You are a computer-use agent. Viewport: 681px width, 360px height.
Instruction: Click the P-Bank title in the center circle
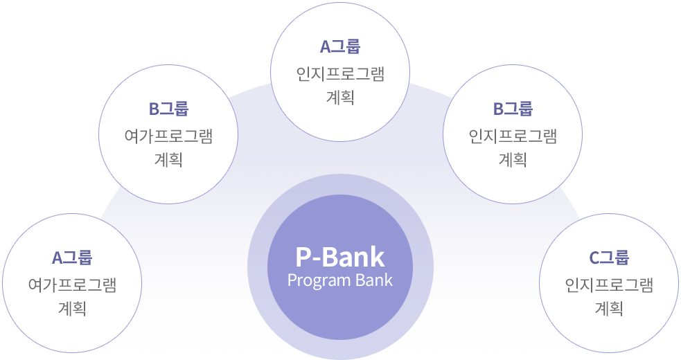pos(339,258)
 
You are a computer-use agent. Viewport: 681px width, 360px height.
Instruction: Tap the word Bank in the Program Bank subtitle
pos(374,280)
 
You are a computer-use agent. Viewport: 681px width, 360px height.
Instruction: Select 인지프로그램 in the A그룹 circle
pos(339,73)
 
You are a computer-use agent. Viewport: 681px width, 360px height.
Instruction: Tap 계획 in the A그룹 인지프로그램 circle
pos(339,97)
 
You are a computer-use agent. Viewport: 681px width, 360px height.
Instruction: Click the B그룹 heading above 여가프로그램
pos(168,109)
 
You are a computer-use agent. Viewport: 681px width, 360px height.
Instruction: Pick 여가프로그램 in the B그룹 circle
pos(168,136)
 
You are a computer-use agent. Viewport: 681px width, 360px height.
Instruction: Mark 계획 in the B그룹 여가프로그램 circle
pos(168,159)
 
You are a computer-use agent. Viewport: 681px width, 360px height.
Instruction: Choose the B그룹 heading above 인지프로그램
pos(513,109)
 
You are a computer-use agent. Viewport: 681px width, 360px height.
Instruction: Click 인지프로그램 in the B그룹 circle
pos(513,136)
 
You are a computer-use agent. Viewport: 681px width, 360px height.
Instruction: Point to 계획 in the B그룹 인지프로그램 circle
pos(513,159)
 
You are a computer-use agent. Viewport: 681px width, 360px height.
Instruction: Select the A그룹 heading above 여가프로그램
pos(72,258)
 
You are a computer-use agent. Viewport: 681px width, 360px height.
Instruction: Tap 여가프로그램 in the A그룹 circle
pos(72,285)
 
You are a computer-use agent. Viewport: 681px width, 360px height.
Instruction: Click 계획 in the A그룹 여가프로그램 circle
pos(72,308)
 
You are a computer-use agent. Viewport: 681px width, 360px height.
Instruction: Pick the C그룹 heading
pos(609,258)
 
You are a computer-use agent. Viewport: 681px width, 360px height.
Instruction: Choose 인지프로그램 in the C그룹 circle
pos(609,285)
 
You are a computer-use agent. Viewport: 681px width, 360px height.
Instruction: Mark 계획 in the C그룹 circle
pos(609,308)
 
